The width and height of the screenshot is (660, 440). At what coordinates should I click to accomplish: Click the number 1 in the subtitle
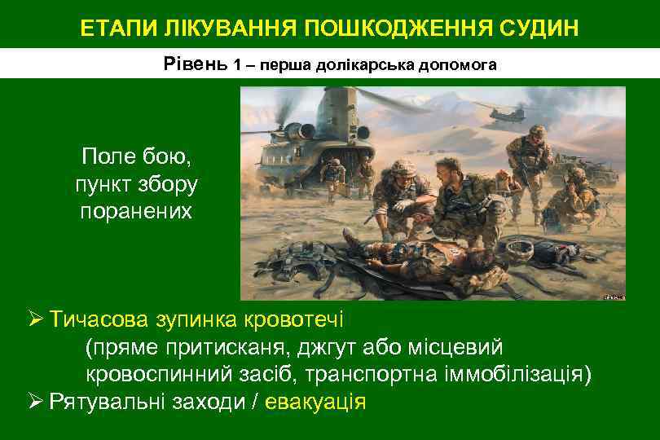click(237, 64)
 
